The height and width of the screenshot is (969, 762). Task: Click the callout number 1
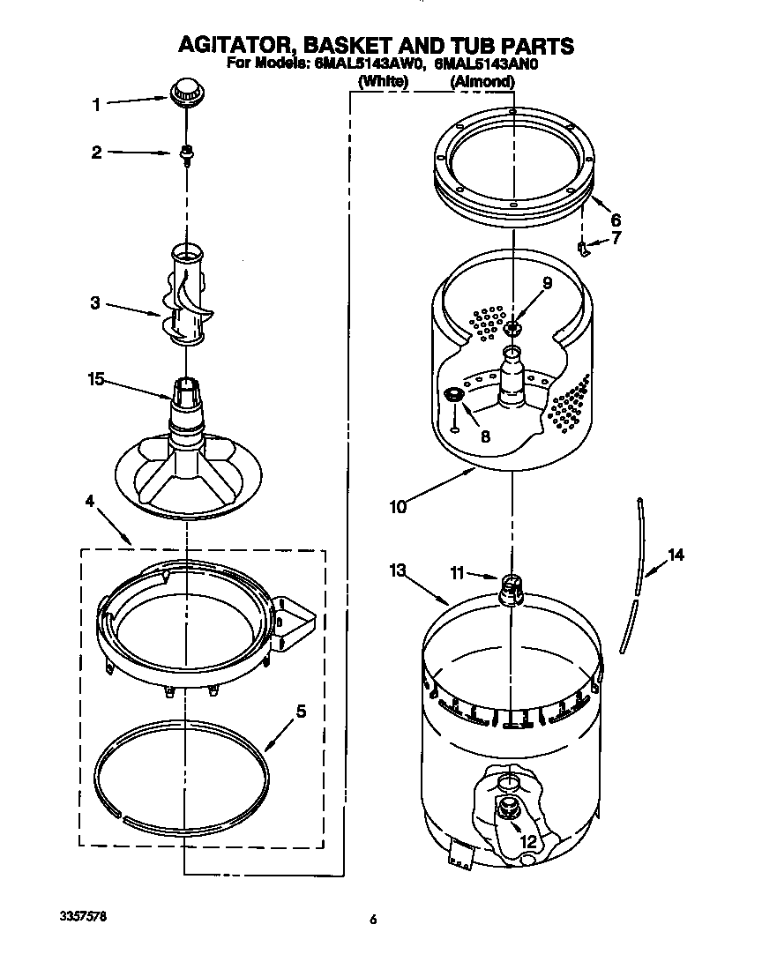pyautogui.click(x=96, y=105)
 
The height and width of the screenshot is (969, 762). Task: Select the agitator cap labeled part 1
pyautogui.click(x=184, y=91)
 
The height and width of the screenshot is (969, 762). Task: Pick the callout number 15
pyautogui.click(x=95, y=380)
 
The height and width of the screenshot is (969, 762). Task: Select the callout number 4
pyautogui.click(x=89, y=501)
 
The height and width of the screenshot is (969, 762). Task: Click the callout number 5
pyautogui.click(x=301, y=712)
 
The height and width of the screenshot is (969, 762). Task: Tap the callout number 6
pyautogui.click(x=616, y=220)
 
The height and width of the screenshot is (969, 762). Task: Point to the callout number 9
pyautogui.click(x=547, y=283)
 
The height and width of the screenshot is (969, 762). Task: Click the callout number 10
pyautogui.click(x=398, y=506)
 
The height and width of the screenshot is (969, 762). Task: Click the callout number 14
pyautogui.click(x=676, y=555)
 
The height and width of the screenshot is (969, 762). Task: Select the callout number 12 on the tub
pyautogui.click(x=528, y=841)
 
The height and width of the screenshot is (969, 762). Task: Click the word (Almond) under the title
pyautogui.click(x=482, y=81)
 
